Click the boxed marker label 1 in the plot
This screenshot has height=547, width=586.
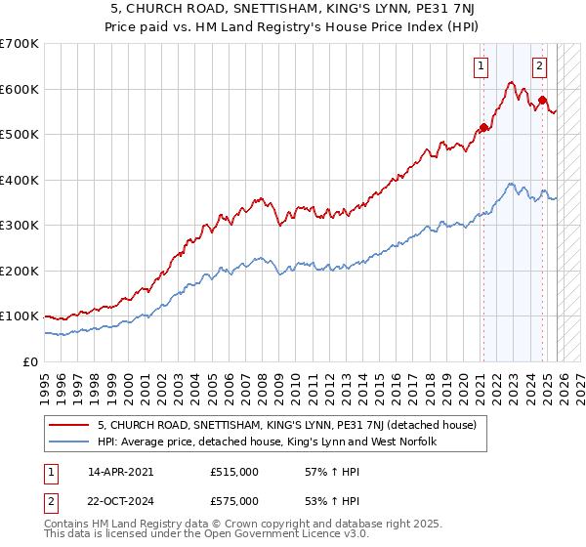(482, 66)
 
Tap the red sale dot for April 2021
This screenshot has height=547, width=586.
(483, 127)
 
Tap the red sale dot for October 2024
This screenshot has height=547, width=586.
(543, 100)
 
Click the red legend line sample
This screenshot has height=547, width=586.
(69, 425)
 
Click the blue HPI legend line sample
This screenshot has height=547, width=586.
(69, 442)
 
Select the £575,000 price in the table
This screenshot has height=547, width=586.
(234, 501)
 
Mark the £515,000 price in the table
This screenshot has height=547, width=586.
(234, 472)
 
